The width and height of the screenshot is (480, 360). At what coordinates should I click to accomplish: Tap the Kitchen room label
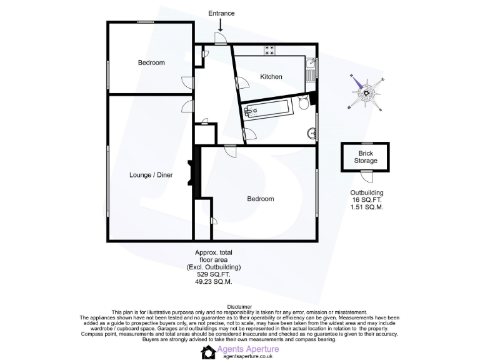pyautogui.click(x=271, y=77)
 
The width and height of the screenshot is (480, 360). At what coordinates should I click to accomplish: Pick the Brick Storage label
pyautogui.click(x=366, y=157)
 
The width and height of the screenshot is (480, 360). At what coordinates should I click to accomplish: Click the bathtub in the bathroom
pyautogui.click(x=266, y=110)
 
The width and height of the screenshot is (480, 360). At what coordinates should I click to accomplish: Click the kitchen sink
pyautogui.click(x=311, y=64)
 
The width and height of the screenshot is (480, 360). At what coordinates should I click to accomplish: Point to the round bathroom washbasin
pyautogui.click(x=311, y=132)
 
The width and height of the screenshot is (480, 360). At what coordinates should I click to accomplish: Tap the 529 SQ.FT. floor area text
pyautogui.click(x=214, y=274)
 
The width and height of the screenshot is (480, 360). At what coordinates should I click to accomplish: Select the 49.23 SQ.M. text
pyautogui.click(x=214, y=282)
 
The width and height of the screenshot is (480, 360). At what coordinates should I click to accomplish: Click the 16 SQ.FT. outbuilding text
pyautogui.click(x=366, y=199)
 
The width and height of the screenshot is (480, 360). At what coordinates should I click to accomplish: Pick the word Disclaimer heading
pyautogui.click(x=239, y=307)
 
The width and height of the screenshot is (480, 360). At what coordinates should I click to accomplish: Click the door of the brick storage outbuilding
pyautogui.click(x=362, y=176)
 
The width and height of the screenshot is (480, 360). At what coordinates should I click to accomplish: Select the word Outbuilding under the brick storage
pyautogui.click(x=366, y=192)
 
